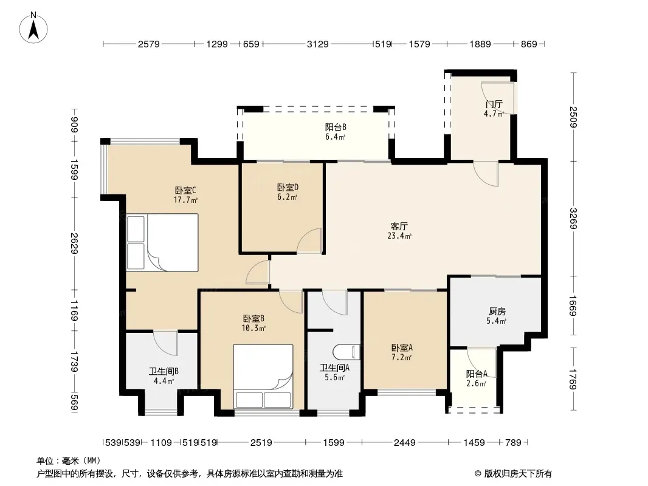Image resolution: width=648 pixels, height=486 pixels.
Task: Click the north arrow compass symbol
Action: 33,28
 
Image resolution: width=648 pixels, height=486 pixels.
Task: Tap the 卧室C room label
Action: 185,190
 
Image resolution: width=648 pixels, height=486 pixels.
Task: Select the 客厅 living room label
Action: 399,226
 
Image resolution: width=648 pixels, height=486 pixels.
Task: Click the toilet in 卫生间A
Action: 346,352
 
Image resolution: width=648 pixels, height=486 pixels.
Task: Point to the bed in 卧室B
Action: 263,376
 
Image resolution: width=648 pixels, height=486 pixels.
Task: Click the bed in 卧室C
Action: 162,242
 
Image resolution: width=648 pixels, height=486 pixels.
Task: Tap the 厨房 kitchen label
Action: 497,311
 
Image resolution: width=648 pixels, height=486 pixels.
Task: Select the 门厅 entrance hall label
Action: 494,104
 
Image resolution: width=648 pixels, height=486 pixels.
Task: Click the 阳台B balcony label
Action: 335,127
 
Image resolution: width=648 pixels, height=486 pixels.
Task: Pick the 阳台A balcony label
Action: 477,374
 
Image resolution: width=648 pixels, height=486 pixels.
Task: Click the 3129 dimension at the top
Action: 317,44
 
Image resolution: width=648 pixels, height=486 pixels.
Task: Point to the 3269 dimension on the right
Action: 573,219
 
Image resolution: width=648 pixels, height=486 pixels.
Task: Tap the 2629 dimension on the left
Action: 74,243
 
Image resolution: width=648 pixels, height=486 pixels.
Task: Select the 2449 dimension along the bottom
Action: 405,443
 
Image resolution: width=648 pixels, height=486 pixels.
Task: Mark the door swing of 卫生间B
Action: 165,342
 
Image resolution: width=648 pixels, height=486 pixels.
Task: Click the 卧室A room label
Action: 402,347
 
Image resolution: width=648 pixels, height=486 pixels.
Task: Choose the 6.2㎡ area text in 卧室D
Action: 287,197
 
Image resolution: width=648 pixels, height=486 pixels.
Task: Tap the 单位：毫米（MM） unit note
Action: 69,461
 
